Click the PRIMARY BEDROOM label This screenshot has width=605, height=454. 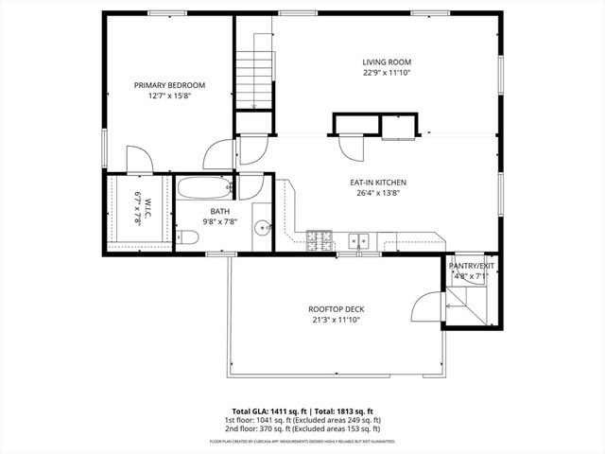tap(169, 85)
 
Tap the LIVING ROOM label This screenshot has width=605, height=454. tap(387, 61)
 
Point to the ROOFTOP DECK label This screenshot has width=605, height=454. tap(336, 309)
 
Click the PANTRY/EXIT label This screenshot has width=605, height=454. tap(472, 267)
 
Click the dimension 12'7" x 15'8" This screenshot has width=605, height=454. tap(169, 96)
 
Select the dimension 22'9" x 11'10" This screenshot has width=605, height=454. tap(387, 73)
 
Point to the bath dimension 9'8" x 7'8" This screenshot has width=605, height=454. tap(219, 221)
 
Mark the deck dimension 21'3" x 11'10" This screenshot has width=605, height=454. tap(336, 320)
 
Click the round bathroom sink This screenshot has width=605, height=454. tap(264, 227)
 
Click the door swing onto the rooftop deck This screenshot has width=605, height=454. tap(427, 307)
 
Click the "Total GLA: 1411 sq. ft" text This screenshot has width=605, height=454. tap(267, 410)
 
